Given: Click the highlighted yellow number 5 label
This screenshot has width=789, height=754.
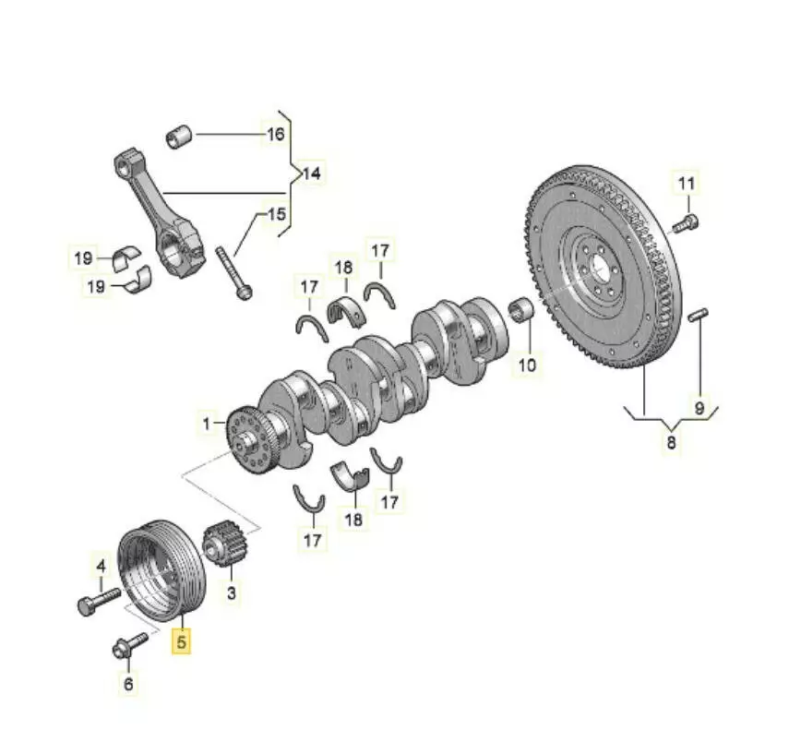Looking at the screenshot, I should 183,641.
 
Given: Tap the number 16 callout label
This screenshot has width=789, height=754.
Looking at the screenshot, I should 276,135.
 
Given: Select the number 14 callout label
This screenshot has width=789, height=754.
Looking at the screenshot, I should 313,173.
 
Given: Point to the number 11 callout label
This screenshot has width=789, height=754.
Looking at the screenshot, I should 685,184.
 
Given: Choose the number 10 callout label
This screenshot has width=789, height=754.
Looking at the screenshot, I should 526,365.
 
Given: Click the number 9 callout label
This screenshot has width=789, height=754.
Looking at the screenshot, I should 699,406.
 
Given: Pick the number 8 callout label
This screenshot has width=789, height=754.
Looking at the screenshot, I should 671,443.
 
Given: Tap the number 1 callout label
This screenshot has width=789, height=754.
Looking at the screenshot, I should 208,425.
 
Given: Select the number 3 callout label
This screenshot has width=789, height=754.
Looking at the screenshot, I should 231,594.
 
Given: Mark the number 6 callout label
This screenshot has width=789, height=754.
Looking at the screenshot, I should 128,684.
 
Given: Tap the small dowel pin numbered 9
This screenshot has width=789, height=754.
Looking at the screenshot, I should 699,315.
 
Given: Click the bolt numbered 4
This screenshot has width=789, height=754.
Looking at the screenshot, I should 97,604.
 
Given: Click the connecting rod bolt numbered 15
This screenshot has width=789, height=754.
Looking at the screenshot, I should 233,272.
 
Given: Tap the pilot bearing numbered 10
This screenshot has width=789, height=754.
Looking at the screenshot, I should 522,308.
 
